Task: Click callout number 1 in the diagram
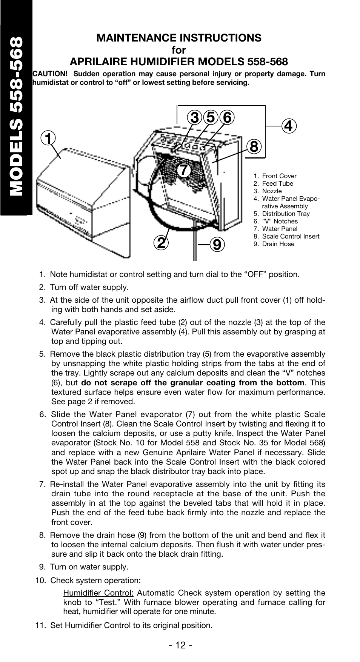(48, 139)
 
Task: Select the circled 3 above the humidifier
(195, 118)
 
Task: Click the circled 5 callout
(210, 118)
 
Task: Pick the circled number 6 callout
(226, 118)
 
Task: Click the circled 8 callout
(254, 146)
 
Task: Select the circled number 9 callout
(217, 245)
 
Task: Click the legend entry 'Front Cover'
(279, 176)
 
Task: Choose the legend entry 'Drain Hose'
(278, 244)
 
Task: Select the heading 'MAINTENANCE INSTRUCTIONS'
(179, 38)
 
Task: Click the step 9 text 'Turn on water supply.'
(89, 567)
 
